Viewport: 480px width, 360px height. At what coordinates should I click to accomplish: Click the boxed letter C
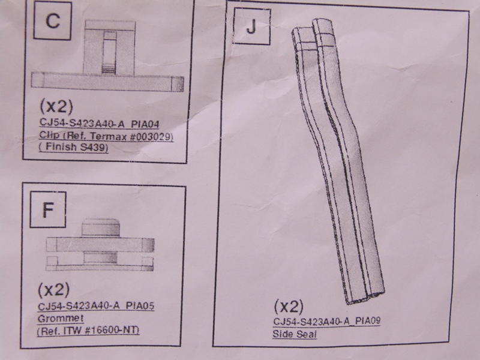[53, 21]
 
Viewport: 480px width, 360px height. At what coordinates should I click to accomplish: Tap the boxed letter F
[48, 210]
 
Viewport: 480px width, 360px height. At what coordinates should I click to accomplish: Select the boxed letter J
[251, 26]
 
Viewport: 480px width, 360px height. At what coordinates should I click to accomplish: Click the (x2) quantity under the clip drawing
[56, 106]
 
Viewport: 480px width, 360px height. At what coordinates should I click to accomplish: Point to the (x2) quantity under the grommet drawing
[54, 290]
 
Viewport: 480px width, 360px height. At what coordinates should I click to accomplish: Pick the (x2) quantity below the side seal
[289, 306]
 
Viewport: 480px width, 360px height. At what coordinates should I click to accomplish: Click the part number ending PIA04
[99, 124]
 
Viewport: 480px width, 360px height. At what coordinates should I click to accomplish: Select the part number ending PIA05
[96, 306]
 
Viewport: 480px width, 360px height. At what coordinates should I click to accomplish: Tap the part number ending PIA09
[326, 321]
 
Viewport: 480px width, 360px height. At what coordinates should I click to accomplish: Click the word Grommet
[61, 319]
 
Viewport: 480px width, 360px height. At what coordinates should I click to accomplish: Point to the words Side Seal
[295, 334]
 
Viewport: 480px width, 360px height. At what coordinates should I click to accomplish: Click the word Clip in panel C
[49, 135]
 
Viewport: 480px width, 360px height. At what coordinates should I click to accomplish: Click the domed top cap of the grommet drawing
[100, 227]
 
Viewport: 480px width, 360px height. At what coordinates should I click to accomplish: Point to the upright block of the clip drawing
[109, 48]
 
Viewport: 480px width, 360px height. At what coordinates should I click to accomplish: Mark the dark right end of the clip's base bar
[178, 83]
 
